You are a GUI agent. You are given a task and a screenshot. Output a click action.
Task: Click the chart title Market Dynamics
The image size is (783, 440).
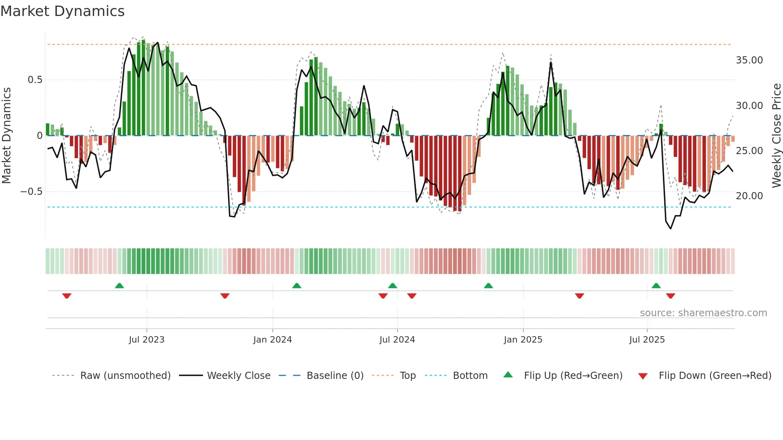point(62,11)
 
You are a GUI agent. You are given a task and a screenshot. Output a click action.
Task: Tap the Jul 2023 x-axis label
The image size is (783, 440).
point(146,340)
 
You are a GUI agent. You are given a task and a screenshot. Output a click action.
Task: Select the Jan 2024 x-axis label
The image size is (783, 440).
point(272,340)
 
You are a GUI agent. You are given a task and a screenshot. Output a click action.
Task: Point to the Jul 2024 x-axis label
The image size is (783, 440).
point(397,340)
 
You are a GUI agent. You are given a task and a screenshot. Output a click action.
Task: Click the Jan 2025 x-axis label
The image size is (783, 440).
point(523,340)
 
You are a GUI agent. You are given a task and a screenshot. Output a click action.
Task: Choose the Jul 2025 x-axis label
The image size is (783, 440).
point(647,340)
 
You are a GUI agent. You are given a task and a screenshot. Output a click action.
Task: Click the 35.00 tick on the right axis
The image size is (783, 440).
point(749,60)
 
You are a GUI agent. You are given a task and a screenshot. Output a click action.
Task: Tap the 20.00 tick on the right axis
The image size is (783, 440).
point(749,196)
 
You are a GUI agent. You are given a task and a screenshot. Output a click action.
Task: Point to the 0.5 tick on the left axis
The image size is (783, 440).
point(35,80)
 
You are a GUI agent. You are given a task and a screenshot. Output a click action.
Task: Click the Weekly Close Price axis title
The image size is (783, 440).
point(776,135)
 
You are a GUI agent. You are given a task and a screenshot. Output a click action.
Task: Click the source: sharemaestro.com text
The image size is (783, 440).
point(703,313)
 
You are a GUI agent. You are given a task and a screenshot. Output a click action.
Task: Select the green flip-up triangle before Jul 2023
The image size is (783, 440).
point(119,285)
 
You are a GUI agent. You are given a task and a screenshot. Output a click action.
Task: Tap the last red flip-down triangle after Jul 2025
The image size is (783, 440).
point(670,296)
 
